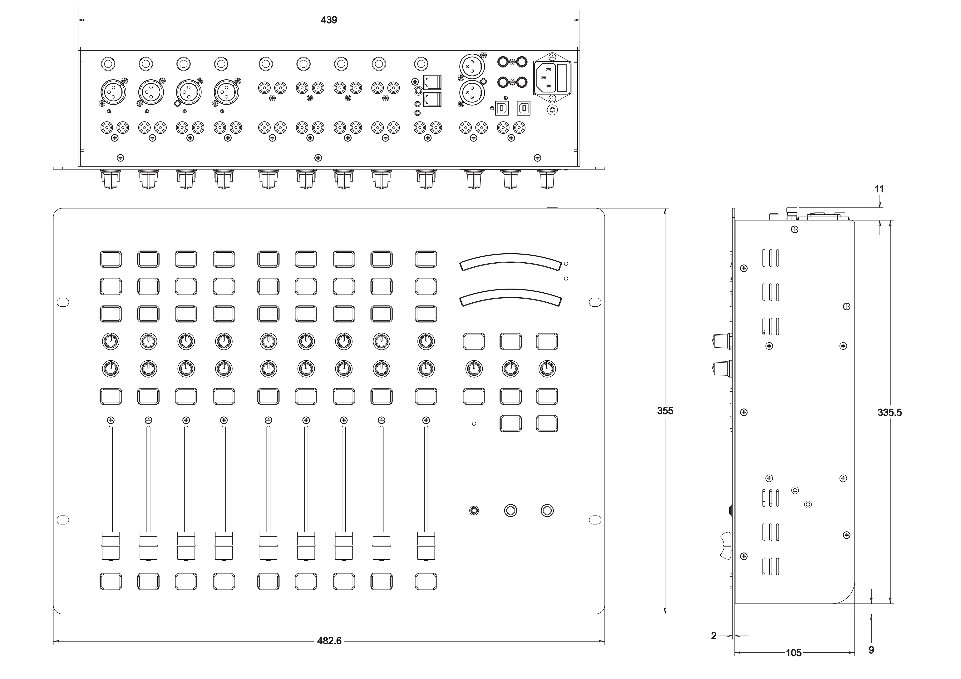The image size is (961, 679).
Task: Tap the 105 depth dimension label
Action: pos(794,653)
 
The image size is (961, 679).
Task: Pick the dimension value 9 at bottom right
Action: pos(871,650)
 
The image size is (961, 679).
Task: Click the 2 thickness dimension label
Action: pos(714,636)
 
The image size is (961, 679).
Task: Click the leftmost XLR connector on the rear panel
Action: pos(111,91)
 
